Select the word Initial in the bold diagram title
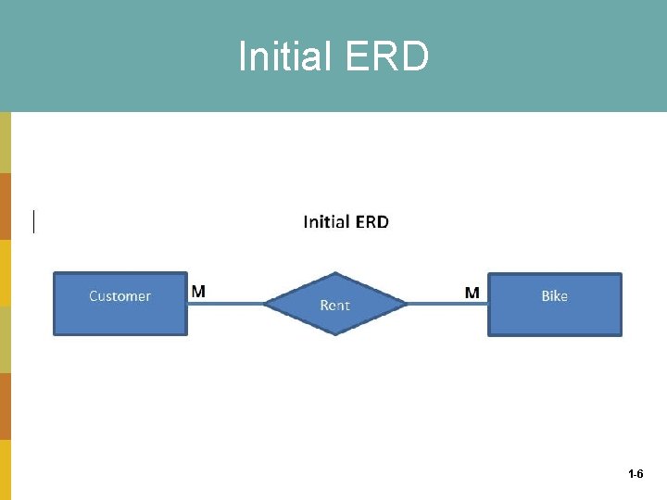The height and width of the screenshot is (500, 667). pyautogui.click(x=327, y=221)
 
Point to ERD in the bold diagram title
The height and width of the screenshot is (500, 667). pyautogui.click(x=371, y=221)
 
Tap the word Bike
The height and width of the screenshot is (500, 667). pyautogui.click(x=554, y=296)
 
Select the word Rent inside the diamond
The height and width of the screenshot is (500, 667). pyautogui.click(x=334, y=305)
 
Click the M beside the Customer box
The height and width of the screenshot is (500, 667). pyautogui.click(x=198, y=291)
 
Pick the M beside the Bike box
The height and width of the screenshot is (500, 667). pyautogui.click(x=472, y=293)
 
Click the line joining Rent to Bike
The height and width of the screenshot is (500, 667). pyautogui.click(x=447, y=303)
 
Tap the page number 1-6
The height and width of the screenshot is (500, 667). pyautogui.click(x=636, y=474)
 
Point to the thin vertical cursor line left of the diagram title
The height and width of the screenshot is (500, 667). pyautogui.click(x=34, y=221)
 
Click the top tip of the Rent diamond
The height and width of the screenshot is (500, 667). pyautogui.click(x=334, y=273)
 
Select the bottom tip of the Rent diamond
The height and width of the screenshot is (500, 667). pyautogui.click(x=334, y=333)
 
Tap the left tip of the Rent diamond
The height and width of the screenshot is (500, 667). pyautogui.click(x=265, y=303)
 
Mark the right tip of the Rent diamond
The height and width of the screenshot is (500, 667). pyautogui.click(x=406, y=303)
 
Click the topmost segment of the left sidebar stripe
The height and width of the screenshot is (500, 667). pyautogui.click(x=6, y=143)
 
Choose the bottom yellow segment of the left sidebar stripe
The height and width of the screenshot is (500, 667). pyautogui.click(x=6, y=469)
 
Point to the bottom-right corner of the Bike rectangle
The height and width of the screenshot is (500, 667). pyautogui.click(x=620, y=333)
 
